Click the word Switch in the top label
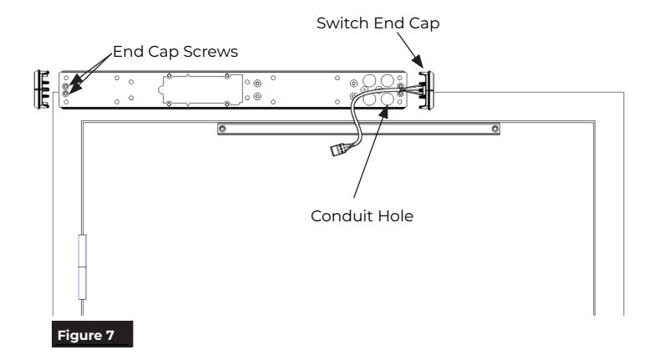(x=343, y=23)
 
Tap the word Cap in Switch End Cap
(x=424, y=23)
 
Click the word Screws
(x=210, y=52)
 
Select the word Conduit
(x=342, y=215)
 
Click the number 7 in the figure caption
(x=110, y=335)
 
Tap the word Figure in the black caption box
(x=80, y=335)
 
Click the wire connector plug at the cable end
(x=340, y=150)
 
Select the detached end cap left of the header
(x=42, y=89)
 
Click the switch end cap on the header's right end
(x=427, y=90)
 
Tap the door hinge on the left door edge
(x=83, y=266)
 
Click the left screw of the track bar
(x=222, y=129)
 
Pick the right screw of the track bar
(x=495, y=129)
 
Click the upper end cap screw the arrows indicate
(x=65, y=86)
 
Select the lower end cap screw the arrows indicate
(x=65, y=94)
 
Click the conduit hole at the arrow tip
(x=387, y=99)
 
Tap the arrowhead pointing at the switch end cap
(x=418, y=62)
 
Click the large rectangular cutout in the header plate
(x=201, y=89)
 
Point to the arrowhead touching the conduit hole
(x=384, y=112)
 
